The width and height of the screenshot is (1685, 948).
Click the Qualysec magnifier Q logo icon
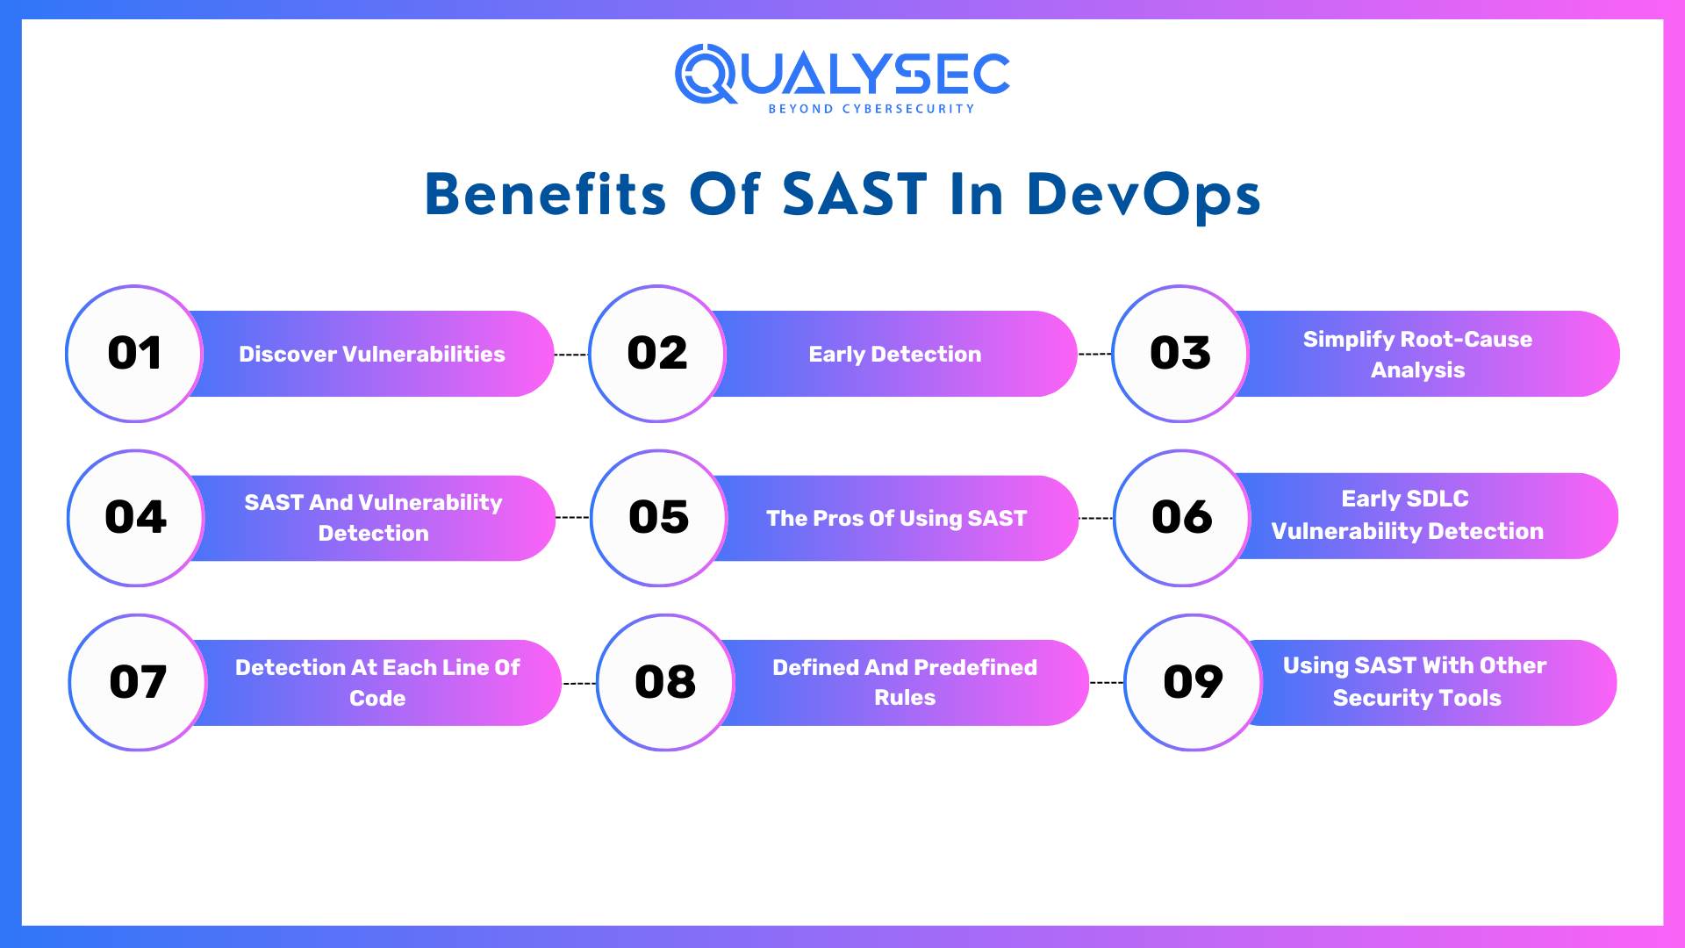point(706,74)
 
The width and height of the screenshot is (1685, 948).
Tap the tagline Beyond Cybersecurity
point(871,109)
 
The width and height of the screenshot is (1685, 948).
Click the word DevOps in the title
point(1143,194)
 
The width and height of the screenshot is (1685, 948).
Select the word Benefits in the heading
point(545,194)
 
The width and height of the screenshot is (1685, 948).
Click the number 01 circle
point(134,354)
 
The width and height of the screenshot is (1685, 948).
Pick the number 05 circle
point(659,518)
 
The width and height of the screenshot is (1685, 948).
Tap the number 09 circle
point(1193,683)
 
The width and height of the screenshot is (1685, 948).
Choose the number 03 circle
point(1180,354)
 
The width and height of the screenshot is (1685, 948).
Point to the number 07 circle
point(138,683)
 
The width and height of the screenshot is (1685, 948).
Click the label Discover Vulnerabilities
point(372,355)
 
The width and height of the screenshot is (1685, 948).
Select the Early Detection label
point(895,355)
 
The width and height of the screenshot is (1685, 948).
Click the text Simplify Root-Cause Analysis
point(1417,355)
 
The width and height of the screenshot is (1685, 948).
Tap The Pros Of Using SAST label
point(896,519)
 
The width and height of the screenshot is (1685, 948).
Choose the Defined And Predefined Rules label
point(905,682)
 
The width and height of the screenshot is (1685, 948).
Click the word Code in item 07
point(377,699)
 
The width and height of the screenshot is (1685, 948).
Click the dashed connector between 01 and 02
point(571,355)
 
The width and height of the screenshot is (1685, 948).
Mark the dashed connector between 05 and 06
point(1095,518)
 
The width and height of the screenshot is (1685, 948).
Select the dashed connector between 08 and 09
point(1106,682)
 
